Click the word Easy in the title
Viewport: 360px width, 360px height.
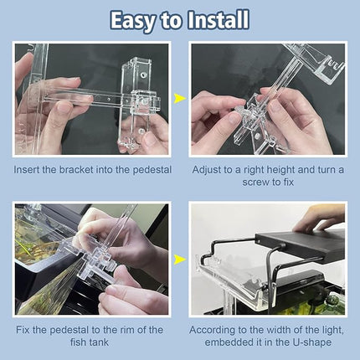137,20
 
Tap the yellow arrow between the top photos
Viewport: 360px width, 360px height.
179,99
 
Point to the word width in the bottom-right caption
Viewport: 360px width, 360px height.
280,330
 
